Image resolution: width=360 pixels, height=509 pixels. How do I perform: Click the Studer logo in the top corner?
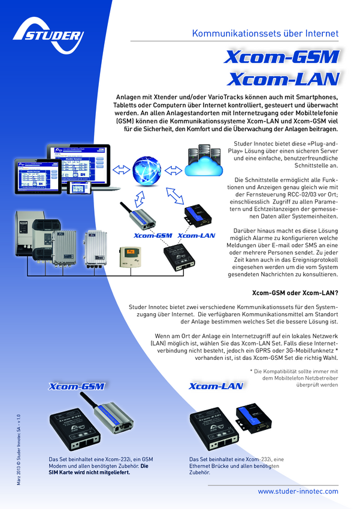pyautogui.click(x=49, y=36)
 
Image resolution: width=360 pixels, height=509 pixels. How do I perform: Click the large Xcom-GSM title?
pyautogui.click(x=282, y=57)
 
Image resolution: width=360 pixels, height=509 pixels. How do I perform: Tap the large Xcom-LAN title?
pyautogui.click(x=284, y=79)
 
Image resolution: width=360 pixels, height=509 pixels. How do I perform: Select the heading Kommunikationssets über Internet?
pyautogui.click(x=265, y=34)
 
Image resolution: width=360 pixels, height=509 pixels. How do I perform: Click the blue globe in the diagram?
pyautogui.click(x=147, y=171)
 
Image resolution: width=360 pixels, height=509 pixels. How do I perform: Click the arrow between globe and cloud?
pyautogui.click(x=173, y=170)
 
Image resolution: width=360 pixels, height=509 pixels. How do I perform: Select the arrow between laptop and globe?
pyautogui.click(x=122, y=169)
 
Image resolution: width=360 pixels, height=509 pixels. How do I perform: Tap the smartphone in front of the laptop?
pyautogui.click(x=80, y=187)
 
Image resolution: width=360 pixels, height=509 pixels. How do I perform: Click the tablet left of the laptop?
pyautogui.click(x=38, y=176)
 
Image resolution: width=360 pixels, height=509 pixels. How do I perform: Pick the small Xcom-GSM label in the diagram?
pyautogui.click(x=153, y=236)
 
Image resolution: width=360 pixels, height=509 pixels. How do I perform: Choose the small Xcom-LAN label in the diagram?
pyautogui.click(x=196, y=236)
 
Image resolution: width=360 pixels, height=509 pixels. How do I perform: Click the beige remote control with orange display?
pyautogui.click(x=130, y=257)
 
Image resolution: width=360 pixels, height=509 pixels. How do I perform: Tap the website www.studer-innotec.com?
pyautogui.click(x=298, y=491)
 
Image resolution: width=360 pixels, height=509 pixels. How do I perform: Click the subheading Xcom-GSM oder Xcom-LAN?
pyautogui.click(x=295, y=293)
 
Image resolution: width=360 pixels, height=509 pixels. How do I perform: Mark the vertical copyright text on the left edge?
pyautogui.click(x=19, y=450)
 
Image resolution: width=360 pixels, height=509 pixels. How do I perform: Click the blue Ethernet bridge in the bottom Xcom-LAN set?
pyautogui.click(x=253, y=419)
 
